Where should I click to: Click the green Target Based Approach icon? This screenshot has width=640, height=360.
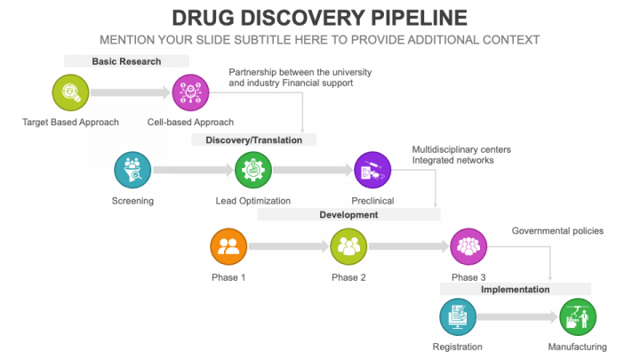coord(70,92)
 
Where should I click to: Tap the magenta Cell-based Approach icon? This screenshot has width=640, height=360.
coord(190,92)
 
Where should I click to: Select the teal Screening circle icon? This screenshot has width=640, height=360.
coord(132,169)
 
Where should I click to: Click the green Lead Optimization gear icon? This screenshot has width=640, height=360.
coord(253,169)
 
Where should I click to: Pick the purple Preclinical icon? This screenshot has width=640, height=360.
coord(372,169)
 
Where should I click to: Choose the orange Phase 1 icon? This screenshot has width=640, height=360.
coord(228,246)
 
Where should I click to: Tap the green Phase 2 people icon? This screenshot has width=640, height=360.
coord(348,246)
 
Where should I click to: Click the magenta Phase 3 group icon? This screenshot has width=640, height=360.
coord(468,246)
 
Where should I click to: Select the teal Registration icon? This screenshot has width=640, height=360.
coord(458,316)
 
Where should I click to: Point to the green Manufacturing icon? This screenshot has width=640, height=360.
coord(578,316)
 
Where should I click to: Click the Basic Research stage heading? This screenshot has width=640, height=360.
coord(126,61)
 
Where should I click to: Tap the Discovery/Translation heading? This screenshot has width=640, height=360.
coord(254,140)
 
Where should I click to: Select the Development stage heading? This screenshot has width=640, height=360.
coord(348,214)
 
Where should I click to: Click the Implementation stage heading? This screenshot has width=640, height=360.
coord(516,289)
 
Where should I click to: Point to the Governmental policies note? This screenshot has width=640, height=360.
coord(557,231)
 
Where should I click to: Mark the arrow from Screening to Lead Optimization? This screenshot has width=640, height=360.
coord(194,169)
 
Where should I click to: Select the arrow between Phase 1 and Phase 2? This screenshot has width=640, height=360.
coord(289,246)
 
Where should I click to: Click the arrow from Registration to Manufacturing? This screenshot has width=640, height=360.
coord(519,316)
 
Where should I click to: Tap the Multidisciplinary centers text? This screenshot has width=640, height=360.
coord(461,149)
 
